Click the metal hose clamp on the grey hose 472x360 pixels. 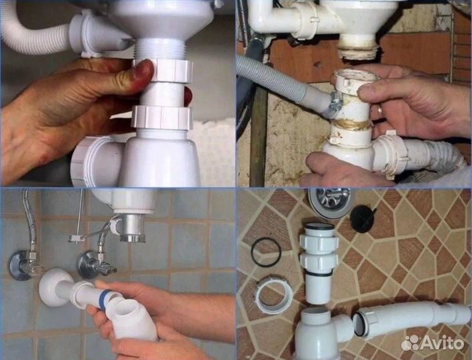pos(336,102)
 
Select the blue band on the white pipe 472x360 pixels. pos(104,299)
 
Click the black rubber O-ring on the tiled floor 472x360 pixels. pos(266,252)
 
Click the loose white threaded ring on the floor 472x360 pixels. pos(273,295)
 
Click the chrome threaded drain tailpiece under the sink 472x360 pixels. pos(132,228)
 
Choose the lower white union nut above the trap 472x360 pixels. pos(161,117)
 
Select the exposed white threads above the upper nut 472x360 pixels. pos(159,49)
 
